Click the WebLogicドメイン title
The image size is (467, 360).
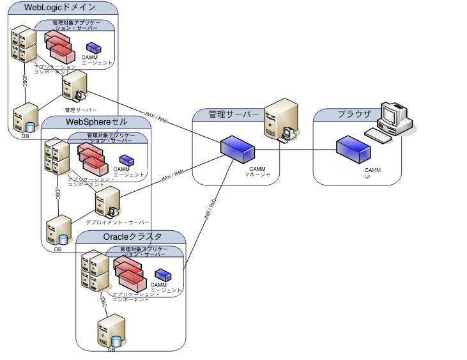click(60, 8)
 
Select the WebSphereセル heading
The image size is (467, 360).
click(96, 121)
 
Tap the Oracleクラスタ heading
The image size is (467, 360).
click(132, 237)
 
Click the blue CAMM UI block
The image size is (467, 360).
click(354, 150)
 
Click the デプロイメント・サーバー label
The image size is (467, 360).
click(118, 222)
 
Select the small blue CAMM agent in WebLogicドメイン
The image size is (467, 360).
click(94, 48)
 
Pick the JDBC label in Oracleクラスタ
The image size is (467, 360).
click(102, 301)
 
